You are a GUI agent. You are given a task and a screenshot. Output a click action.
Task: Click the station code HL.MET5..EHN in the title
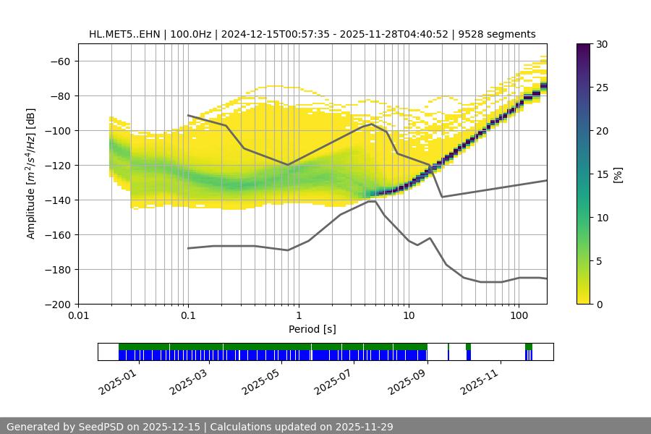(126, 34)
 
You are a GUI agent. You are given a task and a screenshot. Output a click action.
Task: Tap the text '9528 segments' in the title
(501, 34)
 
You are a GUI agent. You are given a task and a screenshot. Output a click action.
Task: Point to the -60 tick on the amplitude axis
(59, 61)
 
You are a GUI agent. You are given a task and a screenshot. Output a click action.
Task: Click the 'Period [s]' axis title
(312, 329)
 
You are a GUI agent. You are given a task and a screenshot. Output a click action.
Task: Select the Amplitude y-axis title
(31, 174)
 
